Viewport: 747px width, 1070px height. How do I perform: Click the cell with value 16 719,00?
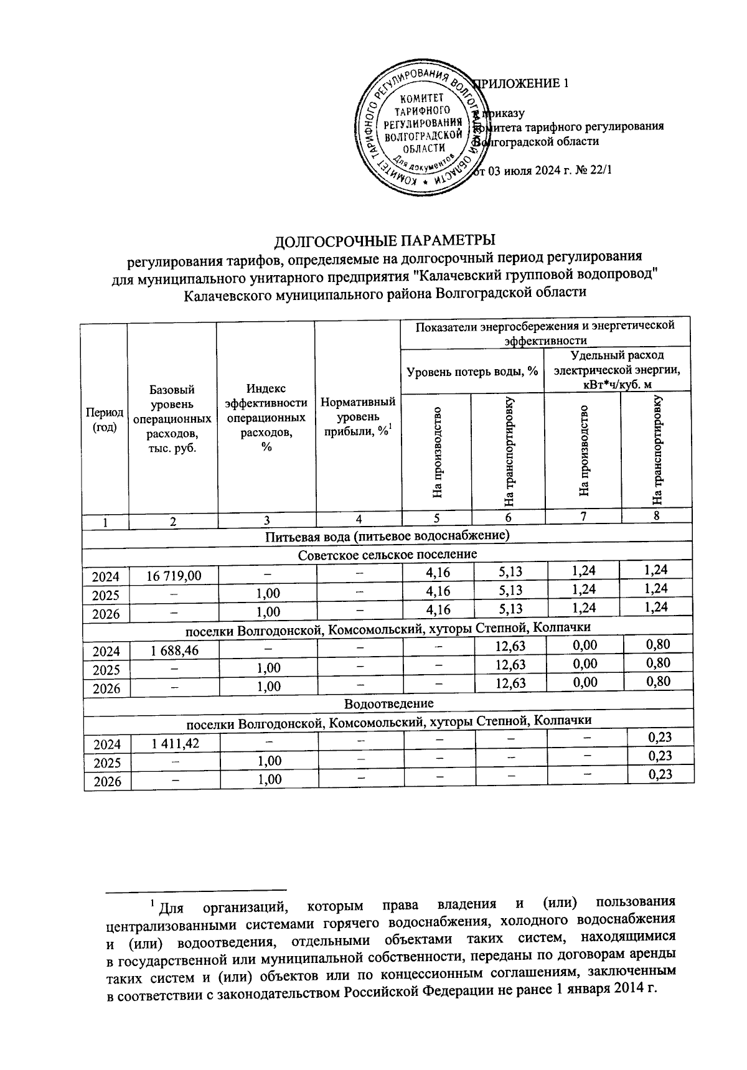(x=174, y=576)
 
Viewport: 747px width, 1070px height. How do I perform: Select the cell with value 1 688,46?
(x=174, y=650)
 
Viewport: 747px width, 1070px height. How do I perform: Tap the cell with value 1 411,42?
(x=174, y=743)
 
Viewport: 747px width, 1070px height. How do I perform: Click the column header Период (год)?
(x=105, y=421)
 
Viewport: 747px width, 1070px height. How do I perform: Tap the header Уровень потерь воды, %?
(x=472, y=372)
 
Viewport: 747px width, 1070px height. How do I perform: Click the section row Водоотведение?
(x=388, y=703)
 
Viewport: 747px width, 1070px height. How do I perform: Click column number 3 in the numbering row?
(x=266, y=521)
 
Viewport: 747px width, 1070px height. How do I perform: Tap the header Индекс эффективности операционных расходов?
(x=266, y=418)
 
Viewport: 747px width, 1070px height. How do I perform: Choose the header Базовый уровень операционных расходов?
(x=172, y=419)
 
